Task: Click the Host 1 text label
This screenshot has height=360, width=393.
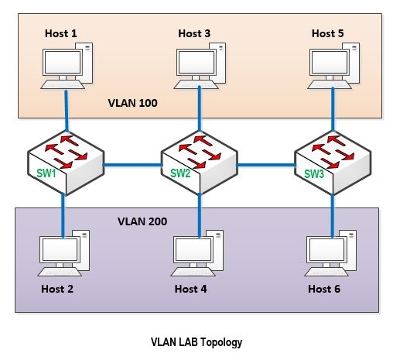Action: pos(61,33)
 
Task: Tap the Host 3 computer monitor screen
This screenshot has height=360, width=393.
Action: pos(196,62)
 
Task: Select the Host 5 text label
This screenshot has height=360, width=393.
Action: pos(328,33)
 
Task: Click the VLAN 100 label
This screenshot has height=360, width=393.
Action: pos(133,103)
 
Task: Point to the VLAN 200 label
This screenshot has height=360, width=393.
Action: pos(142,221)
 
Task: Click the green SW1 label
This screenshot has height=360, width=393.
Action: pos(46,173)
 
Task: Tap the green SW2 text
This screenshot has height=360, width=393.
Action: pos(180,173)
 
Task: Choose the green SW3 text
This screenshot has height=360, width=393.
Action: pos(314,173)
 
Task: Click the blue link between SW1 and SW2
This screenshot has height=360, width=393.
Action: pos(132,165)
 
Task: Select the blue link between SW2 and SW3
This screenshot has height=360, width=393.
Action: pos(266,165)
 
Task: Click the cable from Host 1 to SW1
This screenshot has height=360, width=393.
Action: pos(67,111)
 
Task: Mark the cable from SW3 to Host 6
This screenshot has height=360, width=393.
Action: pos(333,216)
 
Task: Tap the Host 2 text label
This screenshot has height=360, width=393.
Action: pos(57,289)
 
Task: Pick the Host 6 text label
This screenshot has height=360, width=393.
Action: pos(324,289)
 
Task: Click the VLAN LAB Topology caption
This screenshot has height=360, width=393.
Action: pos(196,342)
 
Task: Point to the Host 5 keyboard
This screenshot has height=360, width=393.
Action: pos(330,84)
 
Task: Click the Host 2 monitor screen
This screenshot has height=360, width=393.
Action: pos(60,249)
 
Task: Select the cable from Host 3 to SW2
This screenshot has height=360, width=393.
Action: pos(200,108)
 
